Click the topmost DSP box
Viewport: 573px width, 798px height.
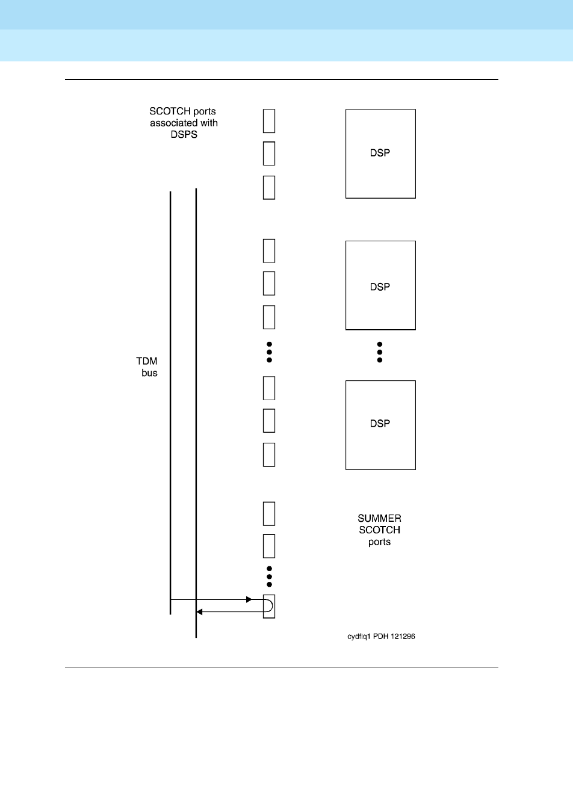click(x=380, y=153)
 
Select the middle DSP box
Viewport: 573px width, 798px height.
click(x=380, y=285)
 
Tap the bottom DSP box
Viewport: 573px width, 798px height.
click(x=380, y=424)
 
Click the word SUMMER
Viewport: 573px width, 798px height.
click(x=379, y=518)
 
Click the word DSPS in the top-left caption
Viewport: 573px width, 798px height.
click(x=184, y=134)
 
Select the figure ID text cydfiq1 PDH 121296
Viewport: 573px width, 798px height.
click(x=380, y=637)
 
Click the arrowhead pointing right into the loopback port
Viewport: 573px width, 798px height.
click(x=249, y=599)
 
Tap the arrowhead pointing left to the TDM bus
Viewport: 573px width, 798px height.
click(x=200, y=611)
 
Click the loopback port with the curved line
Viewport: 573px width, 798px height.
click(x=269, y=606)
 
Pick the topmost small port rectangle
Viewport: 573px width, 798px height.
click(x=269, y=120)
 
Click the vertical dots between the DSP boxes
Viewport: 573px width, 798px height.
click(x=380, y=352)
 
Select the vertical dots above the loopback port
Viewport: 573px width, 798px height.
click(x=270, y=577)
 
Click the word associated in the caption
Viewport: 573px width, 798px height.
click(x=184, y=123)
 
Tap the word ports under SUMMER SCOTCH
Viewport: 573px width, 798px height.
click(x=379, y=542)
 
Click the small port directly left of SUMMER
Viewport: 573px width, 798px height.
click(x=269, y=513)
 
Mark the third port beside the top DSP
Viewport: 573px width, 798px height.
click(x=269, y=187)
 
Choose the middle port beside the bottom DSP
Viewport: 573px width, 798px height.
click(x=269, y=421)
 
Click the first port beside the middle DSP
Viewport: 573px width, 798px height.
click(x=269, y=250)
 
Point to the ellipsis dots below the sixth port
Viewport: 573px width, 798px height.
click(x=270, y=352)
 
